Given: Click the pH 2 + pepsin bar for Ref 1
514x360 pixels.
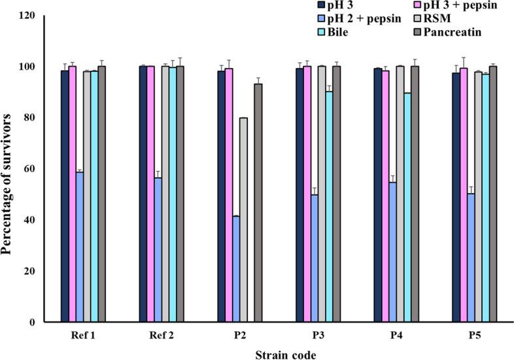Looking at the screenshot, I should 79,247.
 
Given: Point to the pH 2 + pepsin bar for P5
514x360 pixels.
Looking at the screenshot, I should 471,258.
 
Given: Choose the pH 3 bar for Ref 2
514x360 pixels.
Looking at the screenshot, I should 143,194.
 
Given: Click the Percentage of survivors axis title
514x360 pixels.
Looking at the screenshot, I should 9,169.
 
